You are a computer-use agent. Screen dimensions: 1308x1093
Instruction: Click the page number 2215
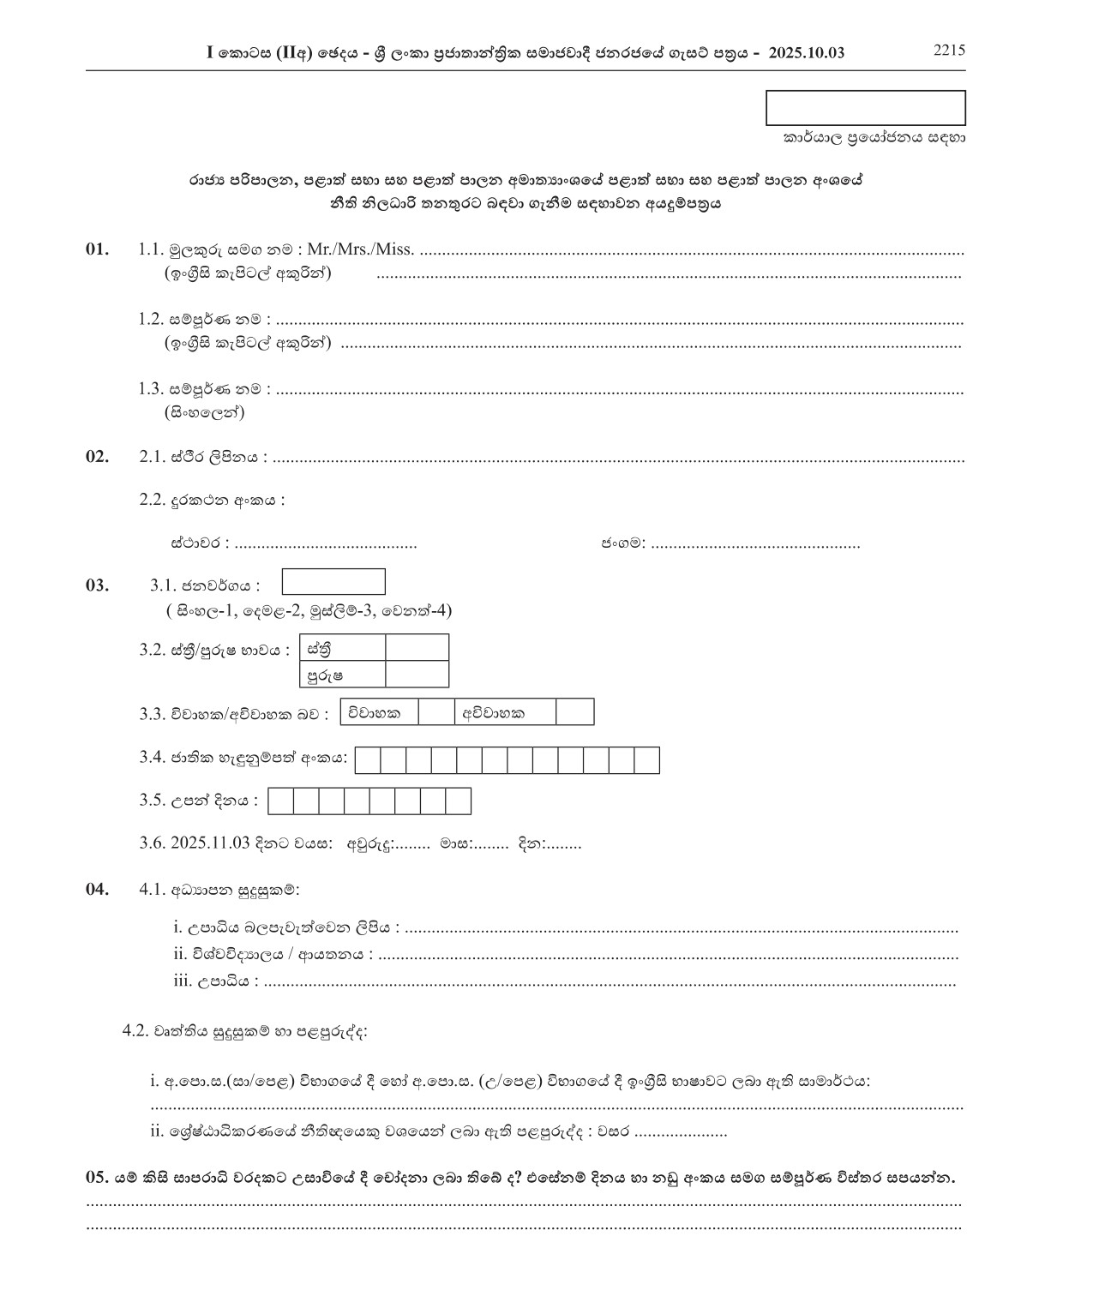[949, 50]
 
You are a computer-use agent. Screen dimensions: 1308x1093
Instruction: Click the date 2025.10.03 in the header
[807, 53]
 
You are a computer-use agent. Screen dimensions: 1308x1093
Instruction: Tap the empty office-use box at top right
[865, 108]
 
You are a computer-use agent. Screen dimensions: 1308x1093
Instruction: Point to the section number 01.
[97, 249]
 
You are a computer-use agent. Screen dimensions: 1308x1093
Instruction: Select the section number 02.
[97, 456]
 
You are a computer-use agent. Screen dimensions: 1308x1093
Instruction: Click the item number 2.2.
[152, 500]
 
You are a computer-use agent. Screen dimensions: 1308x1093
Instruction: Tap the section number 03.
[97, 585]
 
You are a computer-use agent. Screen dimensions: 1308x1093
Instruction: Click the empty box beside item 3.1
[333, 582]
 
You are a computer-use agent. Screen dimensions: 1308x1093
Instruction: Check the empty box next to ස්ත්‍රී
[417, 648]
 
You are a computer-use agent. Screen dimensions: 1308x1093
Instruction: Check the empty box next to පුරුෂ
[417, 675]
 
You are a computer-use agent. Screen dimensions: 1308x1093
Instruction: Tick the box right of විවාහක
[436, 712]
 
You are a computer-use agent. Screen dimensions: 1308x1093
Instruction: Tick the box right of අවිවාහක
[574, 712]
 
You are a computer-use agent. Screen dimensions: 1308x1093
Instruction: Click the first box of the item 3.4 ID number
[368, 760]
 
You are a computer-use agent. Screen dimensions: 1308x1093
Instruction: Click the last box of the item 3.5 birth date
[459, 801]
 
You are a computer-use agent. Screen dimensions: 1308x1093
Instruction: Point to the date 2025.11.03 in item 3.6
[210, 843]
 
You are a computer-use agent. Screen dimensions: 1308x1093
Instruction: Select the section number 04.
[97, 889]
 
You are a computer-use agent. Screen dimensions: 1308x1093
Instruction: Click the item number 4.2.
[135, 1031]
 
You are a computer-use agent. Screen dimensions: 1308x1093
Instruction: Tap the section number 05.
[97, 1177]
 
